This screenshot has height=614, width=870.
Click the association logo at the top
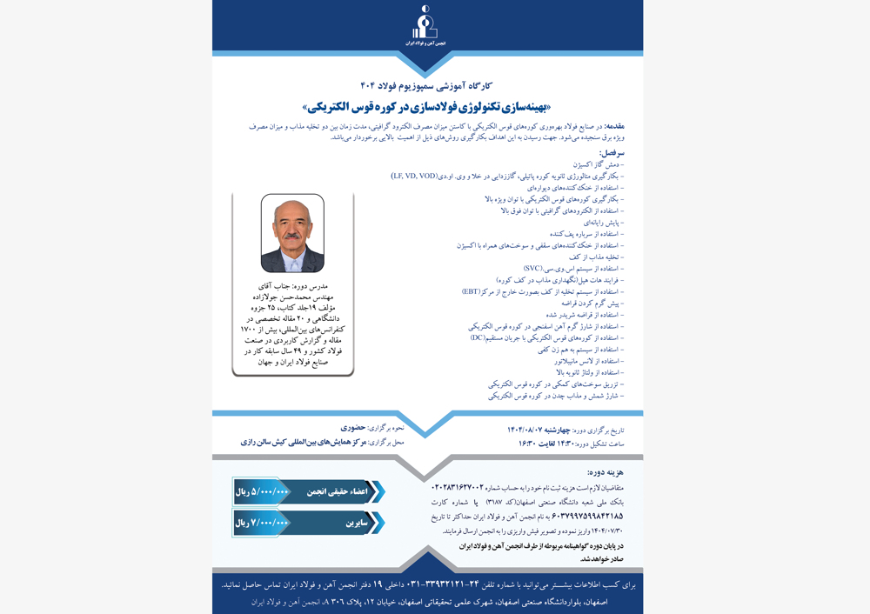(425, 26)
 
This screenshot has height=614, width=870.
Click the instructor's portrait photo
(292, 233)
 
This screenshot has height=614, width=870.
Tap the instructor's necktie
(293, 260)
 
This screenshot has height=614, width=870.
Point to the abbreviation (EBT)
(474, 292)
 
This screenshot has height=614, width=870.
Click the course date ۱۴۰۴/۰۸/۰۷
(528, 430)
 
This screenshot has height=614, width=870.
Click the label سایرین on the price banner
(355, 523)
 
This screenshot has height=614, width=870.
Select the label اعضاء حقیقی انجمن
(337, 491)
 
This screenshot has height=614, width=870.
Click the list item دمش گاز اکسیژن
(599, 164)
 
